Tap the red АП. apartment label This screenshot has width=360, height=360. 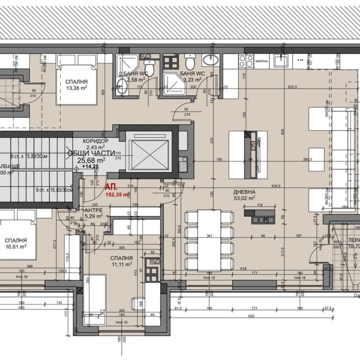coord(111,187)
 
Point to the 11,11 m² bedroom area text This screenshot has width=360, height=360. coord(121,265)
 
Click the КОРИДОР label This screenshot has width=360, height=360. coord(96,141)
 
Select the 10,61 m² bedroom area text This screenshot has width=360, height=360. coord(16,246)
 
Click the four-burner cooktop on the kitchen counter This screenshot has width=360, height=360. coord(246,61)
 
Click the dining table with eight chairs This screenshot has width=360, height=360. coord(210,240)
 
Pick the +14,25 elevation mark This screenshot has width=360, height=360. coord(90,167)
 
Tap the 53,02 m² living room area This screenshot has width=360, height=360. coord(244,198)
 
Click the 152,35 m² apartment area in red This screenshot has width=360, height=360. coord(117,194)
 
